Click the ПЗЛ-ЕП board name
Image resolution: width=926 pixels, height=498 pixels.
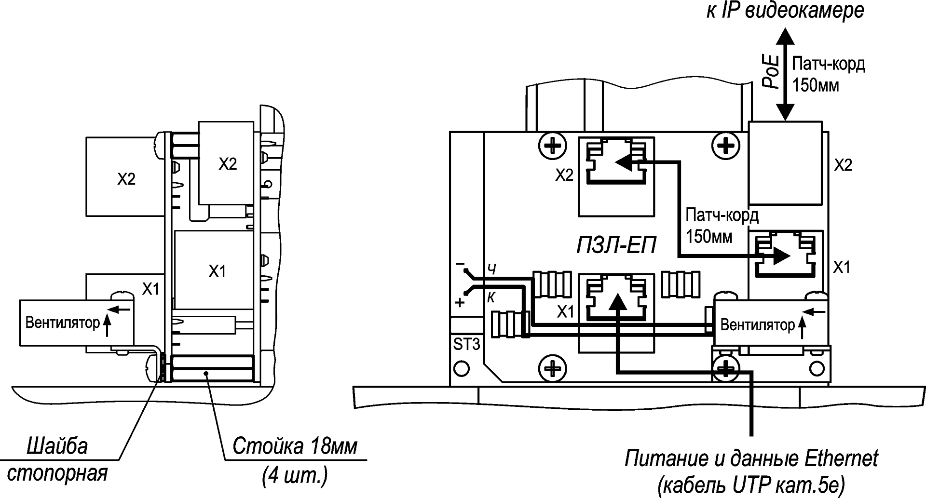616,246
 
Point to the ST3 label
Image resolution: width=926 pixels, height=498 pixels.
466,345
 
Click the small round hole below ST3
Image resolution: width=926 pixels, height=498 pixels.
462,368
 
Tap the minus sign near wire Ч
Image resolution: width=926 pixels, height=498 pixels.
460,265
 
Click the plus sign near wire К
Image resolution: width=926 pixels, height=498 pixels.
460,303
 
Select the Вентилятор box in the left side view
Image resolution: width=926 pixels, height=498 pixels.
76,323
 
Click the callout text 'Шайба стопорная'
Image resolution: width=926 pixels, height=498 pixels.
58,459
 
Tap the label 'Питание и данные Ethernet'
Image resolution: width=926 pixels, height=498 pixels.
751,458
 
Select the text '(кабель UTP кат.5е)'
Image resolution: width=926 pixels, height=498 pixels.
751,484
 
